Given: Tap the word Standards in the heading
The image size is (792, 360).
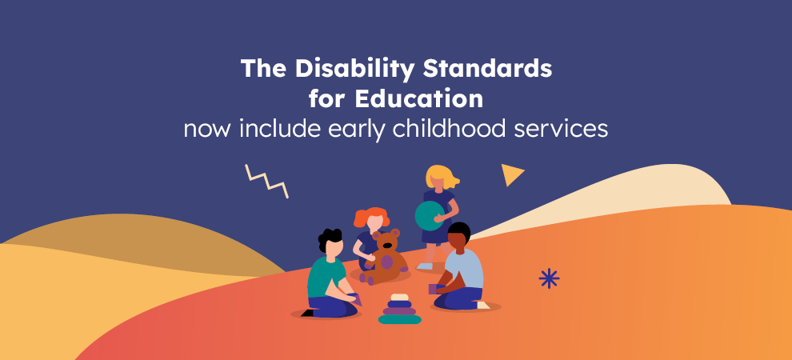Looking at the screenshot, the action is pos(487,68).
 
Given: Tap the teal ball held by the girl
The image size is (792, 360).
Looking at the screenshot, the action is pos(430,215).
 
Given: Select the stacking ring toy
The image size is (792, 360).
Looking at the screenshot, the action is pos(399,309).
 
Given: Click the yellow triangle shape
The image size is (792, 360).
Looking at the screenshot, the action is pos(510,174).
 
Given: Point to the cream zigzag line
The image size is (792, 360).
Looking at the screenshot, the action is pos(266,181).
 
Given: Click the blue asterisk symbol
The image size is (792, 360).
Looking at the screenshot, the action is pos(549,278).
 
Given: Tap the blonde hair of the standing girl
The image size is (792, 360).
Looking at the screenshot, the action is pos(441,176).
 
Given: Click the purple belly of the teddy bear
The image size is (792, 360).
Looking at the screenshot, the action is pos(386,262).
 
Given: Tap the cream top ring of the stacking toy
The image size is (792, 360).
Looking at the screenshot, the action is pos(399,297).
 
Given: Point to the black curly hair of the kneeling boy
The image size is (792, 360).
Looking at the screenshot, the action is pos(329,238).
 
